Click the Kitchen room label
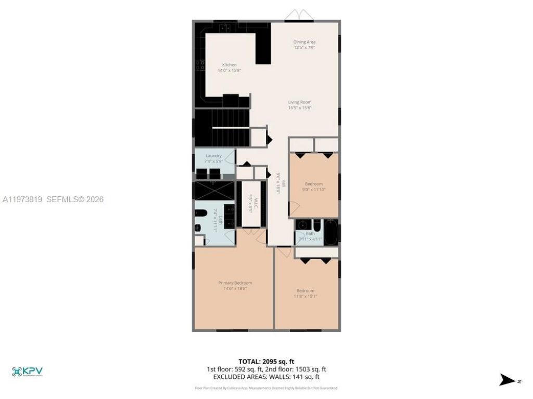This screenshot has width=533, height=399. point(229,65)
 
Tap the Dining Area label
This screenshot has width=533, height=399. point(304,42)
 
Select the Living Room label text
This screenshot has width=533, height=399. point(300,102)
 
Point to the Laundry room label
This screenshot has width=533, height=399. point(213,156)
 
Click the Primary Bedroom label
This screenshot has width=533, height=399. point(235,283)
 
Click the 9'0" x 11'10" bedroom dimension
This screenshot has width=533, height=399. point(314,190)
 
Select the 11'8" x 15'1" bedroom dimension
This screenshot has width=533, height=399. point(306,296)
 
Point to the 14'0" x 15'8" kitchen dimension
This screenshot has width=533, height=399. point(229,70)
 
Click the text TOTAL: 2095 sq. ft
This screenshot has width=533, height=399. point(266,362)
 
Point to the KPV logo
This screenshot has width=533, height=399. point(27,371)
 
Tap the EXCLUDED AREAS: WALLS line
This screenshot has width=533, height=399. point(266,377)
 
